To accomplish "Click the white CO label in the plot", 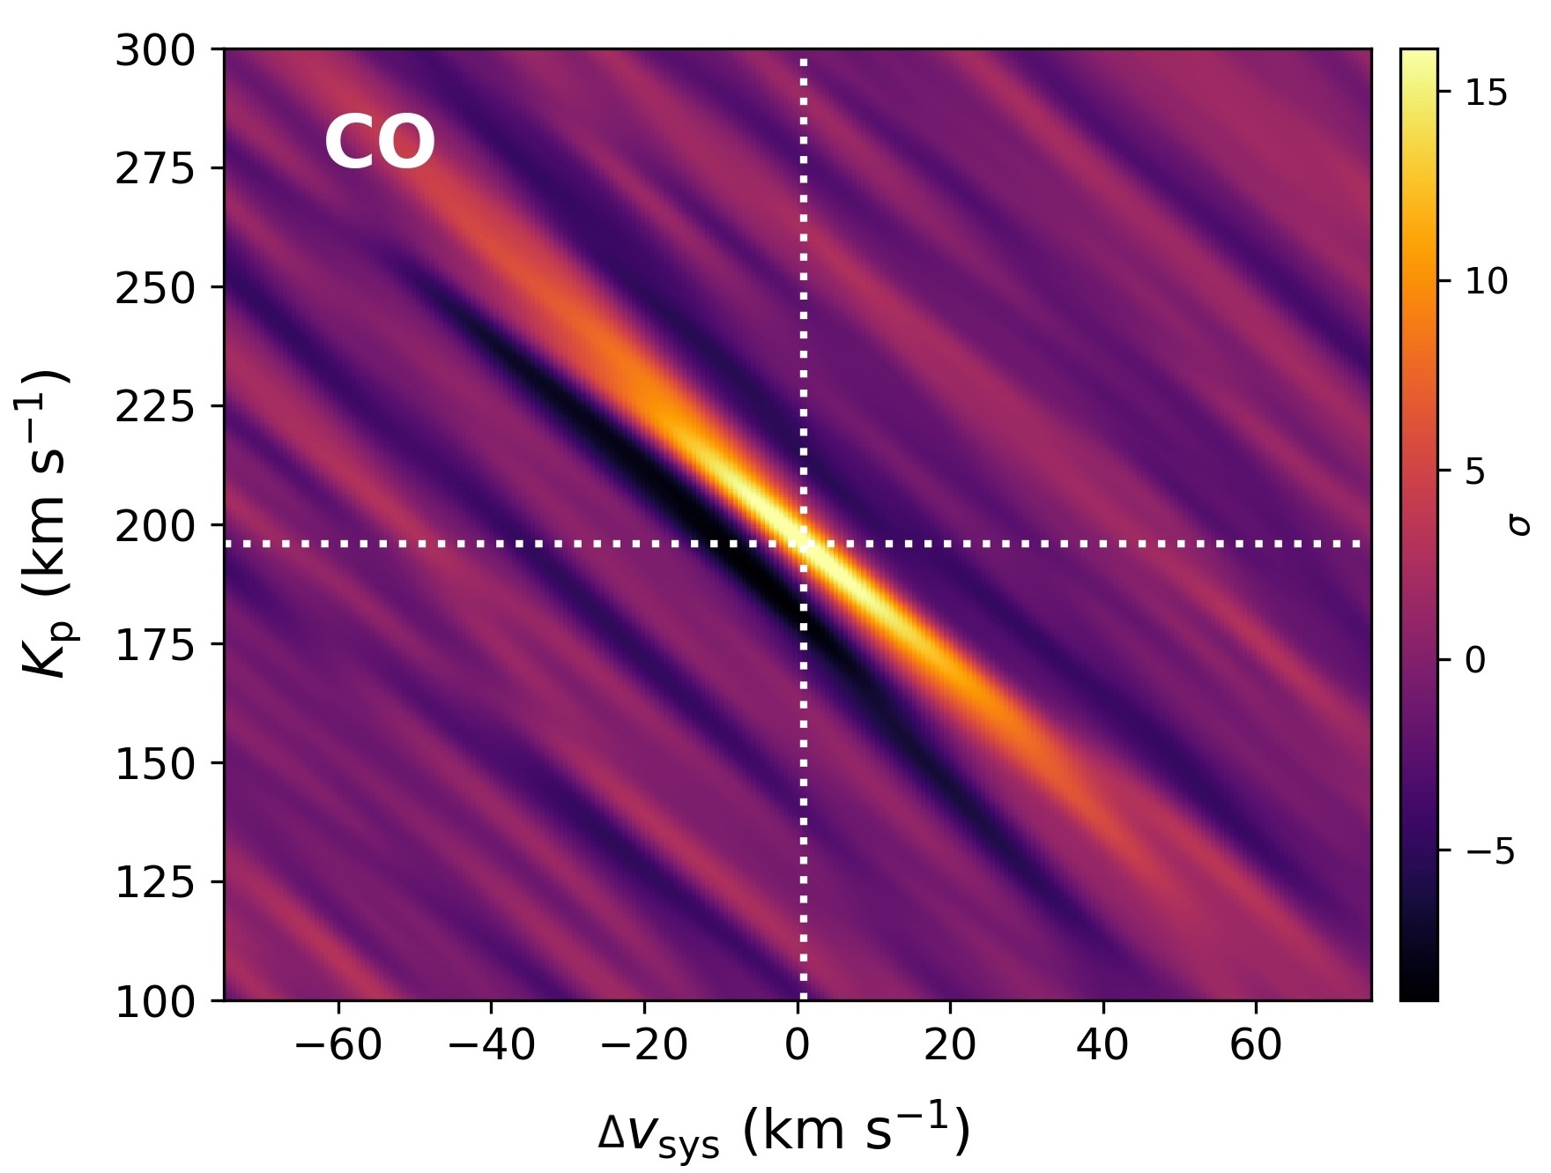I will (380, 143).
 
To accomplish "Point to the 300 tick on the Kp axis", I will (155, 52).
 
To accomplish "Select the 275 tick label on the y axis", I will (155, 169).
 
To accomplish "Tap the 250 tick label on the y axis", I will (155, 288).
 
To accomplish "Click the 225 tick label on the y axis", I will (155, 407).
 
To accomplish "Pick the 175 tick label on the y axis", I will (155, 645).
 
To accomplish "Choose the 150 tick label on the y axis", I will (155, 764).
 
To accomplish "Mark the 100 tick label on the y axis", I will (155, 1002).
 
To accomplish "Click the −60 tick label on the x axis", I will (338, 1046).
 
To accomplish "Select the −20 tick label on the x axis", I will (644, 1046).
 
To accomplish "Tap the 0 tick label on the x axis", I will (798, 1046).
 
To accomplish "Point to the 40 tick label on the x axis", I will (1102, 1046).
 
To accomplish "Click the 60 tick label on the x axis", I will (1256, 1046).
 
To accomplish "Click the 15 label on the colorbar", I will (1487, 93).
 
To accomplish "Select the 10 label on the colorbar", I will (1487, 281).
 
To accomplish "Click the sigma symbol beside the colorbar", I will (1520, 525).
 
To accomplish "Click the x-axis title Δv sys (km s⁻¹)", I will (783, 1131).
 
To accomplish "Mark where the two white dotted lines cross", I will (803, 544).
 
